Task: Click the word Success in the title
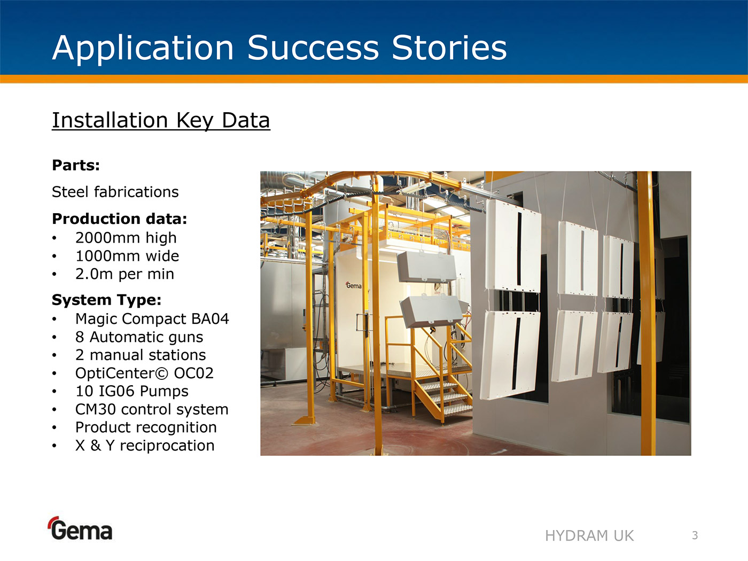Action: coord(313,48)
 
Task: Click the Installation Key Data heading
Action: coord(161,121)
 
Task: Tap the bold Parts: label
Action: coord(76,166)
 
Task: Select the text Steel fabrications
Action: coord(115,192)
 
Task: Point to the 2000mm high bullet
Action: coord(126,238)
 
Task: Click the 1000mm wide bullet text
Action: coord(127,256)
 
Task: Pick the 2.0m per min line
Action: coord(124,274)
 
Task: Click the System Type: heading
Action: coord(107,300)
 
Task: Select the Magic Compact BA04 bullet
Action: coord(152,319)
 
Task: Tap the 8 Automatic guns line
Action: coord(139,337)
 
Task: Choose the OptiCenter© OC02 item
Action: coord(144,373)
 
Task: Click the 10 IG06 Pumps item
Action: coord(132,391)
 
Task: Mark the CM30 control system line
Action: coord(152,409)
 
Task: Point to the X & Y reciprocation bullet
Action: coord(145,446)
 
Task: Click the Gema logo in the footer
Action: coord(81,528)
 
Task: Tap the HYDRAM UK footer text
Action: coord(589,536)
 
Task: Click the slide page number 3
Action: coord(695,535)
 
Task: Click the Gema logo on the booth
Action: coord(353,285)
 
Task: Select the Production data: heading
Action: coord(120,219)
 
